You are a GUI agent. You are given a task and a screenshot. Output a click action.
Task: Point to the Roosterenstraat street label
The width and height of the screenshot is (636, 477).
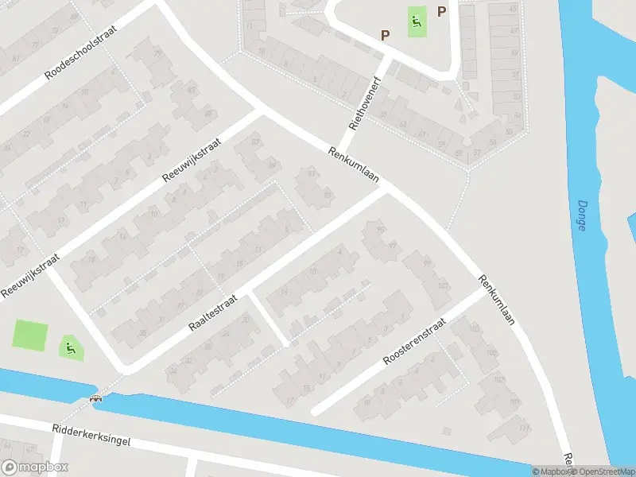pos(414,343)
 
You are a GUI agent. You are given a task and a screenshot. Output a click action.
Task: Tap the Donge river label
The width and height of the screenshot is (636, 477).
pos(581,215)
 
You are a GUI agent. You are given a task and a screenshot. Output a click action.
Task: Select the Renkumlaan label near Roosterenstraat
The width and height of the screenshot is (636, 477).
pos(498,301)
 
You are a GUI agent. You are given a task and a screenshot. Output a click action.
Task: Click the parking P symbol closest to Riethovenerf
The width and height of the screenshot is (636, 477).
pos(386,35)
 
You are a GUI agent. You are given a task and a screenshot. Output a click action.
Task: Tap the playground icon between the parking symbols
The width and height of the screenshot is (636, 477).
pos(416,21)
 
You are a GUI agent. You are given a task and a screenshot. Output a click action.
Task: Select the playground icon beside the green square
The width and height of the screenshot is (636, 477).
pos(70,347)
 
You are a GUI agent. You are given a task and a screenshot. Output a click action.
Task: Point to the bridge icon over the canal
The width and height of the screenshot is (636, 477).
pos(97,398)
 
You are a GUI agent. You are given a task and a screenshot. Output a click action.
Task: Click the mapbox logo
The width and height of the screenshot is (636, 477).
pos(35,467)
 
